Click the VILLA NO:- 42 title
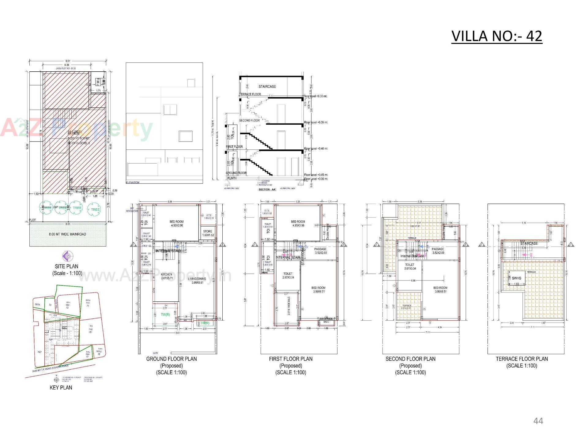tap(496, 36)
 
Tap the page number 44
tap(538, 421)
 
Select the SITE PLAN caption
tap(66, 266)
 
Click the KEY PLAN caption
tap(61, 387)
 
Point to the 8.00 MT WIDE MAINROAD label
tap(67, 234)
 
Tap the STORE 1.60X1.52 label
tap(208, 233)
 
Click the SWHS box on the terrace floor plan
tap(516, 278)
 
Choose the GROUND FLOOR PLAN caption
tap(171, 359)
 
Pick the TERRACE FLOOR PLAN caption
tap(522, 359)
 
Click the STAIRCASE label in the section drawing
tap(267, 87)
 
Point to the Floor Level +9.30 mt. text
tap(315, 96)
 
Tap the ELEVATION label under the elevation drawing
tap(133, 183)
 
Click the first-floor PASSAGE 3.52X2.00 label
tap(320, 251)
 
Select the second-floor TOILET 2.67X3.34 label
tap(410, 266)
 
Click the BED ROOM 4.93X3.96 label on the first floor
tap(298, 223)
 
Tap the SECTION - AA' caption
tap(267, 189)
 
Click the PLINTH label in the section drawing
tap(232, 178)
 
